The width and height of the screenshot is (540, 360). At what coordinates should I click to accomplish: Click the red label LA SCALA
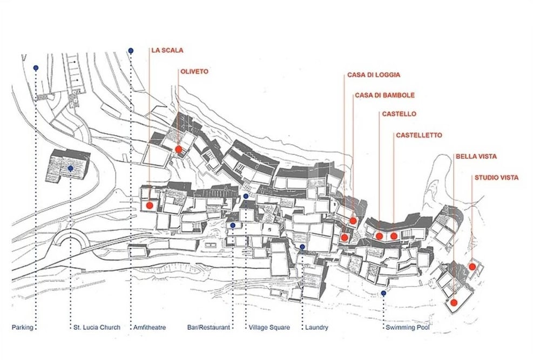click(167, 50)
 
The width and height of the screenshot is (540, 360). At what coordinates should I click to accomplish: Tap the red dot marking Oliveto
click(178, 150)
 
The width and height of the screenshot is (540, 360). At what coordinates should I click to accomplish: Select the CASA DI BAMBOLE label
click(384, 95)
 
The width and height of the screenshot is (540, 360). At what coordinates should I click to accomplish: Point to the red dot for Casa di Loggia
click(344, 237)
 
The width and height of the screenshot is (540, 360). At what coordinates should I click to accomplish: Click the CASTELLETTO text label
click(419, 135)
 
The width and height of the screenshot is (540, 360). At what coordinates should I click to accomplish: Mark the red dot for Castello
click(379, 236)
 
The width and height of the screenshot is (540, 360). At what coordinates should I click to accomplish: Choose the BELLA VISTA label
click(476, 157)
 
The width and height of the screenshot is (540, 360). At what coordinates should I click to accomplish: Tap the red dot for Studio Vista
click(472, 267)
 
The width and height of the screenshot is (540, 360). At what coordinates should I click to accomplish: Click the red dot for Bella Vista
click(454, 303)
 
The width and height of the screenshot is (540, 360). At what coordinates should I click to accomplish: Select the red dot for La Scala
click(150, 206)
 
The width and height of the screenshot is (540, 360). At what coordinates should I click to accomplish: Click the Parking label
click(22, 327)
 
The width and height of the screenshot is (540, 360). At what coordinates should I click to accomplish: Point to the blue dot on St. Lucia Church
click(70, 168)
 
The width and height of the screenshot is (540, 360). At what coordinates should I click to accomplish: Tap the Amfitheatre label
click(150, 327)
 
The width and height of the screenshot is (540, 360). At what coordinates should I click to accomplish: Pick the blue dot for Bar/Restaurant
click(233, 226)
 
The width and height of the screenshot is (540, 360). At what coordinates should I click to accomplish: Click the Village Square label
click(269, 327)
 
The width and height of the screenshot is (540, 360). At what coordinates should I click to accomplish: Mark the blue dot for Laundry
click(302, 247)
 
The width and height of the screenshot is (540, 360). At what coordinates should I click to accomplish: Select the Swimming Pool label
click(407, 327)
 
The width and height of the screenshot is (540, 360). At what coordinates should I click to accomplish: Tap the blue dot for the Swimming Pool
click(383, 293)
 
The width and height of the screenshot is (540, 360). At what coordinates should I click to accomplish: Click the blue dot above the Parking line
click(36, 68)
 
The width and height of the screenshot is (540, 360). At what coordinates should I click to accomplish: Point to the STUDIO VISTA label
click(497, 178)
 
